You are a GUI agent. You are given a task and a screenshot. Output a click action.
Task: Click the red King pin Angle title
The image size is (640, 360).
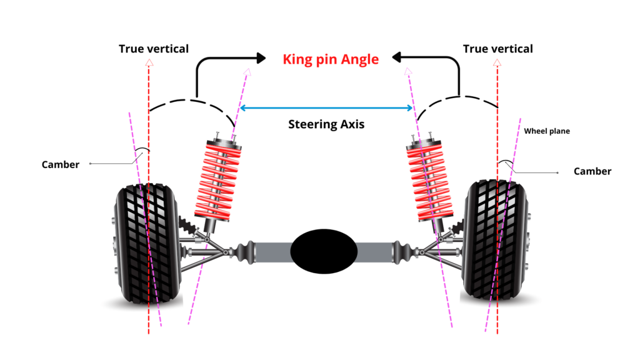(x=331, y=59)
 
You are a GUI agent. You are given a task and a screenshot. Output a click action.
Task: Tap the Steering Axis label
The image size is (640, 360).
(x=326, y=124)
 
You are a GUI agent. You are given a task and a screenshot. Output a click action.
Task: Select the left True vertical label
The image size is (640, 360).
(x=154, y=49)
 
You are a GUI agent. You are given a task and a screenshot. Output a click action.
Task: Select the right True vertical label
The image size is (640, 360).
(x=497, y=49)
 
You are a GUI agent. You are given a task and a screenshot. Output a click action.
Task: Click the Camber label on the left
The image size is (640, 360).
(x=61, y=164)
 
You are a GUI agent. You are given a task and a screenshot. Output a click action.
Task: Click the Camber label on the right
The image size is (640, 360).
(x=592, y=171)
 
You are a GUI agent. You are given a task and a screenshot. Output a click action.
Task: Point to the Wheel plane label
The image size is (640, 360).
(x=547, y=131)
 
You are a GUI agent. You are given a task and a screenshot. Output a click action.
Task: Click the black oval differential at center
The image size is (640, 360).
(x=324, y=251)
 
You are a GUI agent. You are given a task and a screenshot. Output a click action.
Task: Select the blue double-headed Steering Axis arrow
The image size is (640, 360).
(x=326, y=108)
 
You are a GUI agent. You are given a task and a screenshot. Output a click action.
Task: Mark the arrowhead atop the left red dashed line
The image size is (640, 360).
(x=149, y=62)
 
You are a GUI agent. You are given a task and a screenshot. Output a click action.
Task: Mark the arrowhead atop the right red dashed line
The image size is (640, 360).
(x=497, y=62)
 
